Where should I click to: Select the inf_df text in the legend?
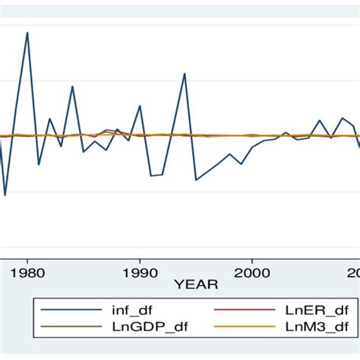tap(125, 310)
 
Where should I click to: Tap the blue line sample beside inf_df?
tap(64, 310)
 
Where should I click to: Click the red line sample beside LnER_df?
tap(245, 310)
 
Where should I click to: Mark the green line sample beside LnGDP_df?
tap(64, 327)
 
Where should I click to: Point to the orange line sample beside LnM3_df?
tap(245, 327)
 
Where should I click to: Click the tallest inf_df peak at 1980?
tap(27, 33)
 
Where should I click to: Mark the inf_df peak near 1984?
tap(72, 86)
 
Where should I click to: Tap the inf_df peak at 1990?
tap(140, 106)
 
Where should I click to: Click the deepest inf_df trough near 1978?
tap(5, 195)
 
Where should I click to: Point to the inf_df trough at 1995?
tap(196, 180)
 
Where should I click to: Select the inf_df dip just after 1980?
tap(39, 164)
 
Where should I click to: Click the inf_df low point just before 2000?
tap(242, 164)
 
